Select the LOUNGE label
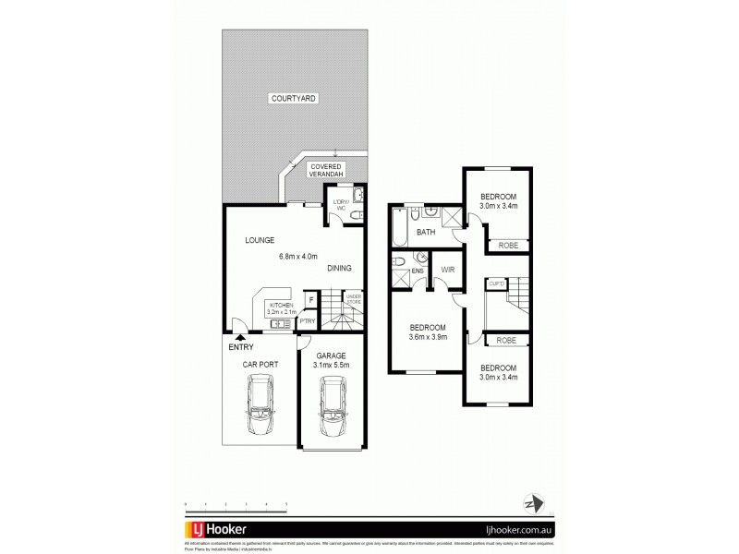tap(260, 240)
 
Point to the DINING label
tap(338, 269)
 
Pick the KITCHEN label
tap(282, 304)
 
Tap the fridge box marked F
tap(311, 299)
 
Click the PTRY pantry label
tap(307, 321)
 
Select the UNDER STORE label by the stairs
tap(353, 298)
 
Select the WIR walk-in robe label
tap(448, 270)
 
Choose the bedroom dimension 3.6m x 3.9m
tap(428, 338)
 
